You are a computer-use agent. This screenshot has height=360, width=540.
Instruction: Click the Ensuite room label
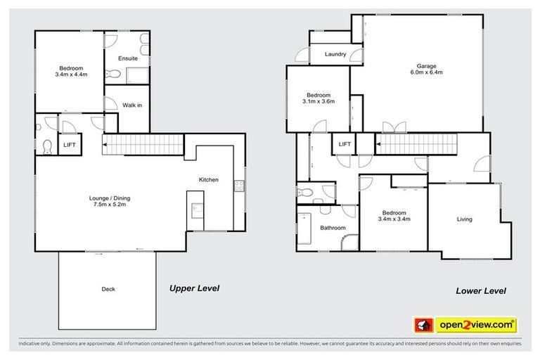pos(127,58)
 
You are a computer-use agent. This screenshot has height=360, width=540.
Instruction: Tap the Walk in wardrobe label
pos(132,105)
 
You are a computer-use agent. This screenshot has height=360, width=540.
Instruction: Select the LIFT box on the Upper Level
pos(69,144)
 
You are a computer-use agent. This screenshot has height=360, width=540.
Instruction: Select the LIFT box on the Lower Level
pos(344,144)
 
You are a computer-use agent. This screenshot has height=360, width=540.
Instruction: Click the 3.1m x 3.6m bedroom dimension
pos(319,101)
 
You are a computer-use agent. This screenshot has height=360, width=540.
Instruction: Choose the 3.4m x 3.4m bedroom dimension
pos(395,219)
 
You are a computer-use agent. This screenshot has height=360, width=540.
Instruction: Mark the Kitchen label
pos(209,180)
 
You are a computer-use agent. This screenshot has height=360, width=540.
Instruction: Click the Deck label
pos(108,289)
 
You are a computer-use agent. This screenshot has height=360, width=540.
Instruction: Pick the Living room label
pos(464,219)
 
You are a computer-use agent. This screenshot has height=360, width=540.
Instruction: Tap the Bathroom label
pos(333,228)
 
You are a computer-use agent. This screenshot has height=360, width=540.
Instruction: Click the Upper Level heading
pos(194,288)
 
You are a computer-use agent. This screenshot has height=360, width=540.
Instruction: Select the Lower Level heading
pos(480,290)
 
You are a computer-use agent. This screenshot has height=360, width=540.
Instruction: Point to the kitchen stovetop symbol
pos(238,186)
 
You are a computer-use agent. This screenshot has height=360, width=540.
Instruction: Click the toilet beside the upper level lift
pos(47,146)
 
